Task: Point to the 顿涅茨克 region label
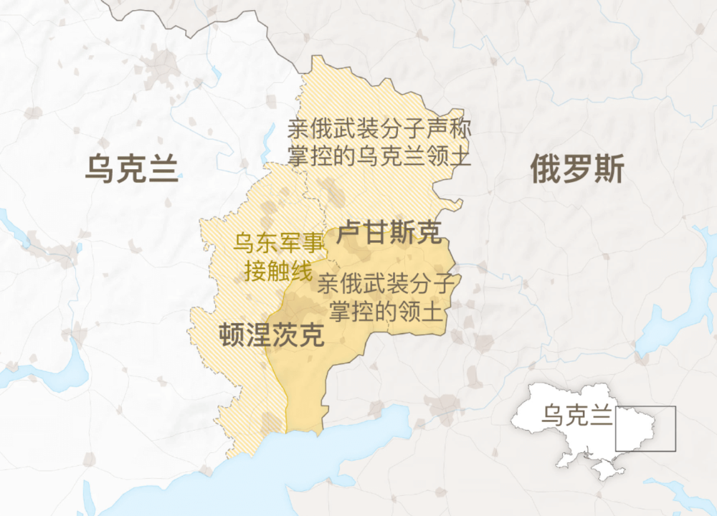[x=270, y=335]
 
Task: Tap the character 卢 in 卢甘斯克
[x=351, y=231]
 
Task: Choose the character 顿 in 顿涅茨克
[x=231, y=335]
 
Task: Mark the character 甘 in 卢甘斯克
[x=376, y=231]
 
